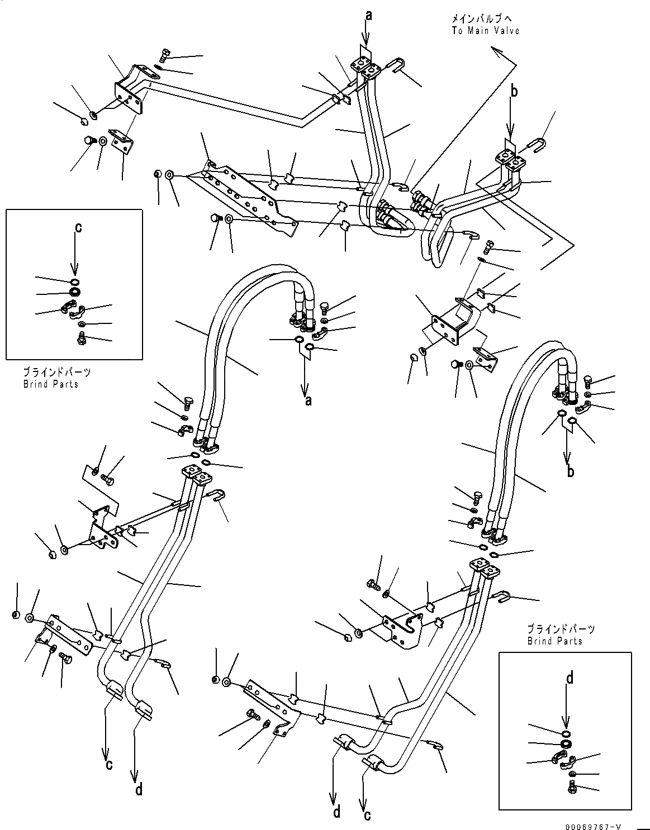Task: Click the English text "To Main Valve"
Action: coord(486,31)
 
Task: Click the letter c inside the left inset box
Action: coord(78,227)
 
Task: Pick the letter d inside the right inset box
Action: coord(570,679)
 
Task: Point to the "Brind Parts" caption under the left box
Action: coord(51,384)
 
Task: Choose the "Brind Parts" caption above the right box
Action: coord(554,641)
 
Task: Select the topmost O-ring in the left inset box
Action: coord(75,280)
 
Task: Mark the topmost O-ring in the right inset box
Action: coord(566,732)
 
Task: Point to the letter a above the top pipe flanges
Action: coord(368,16)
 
